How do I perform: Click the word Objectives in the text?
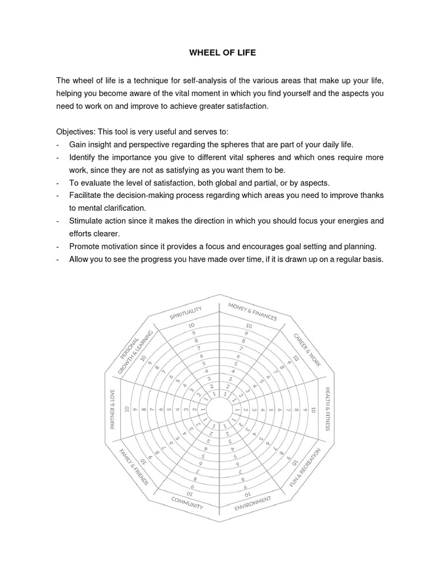[75, 132]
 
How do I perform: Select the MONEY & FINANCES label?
[252, 311]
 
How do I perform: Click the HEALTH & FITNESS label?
[328, 408]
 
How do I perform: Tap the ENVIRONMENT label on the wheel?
[253, 503]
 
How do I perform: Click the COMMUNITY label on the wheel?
[187, 502]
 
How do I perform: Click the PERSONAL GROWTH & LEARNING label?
[135, 352]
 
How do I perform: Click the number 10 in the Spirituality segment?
[191, 325]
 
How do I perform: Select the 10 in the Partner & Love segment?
[127, 409]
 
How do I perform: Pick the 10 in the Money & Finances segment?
[248, 325]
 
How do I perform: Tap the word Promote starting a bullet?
[86, 246]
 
